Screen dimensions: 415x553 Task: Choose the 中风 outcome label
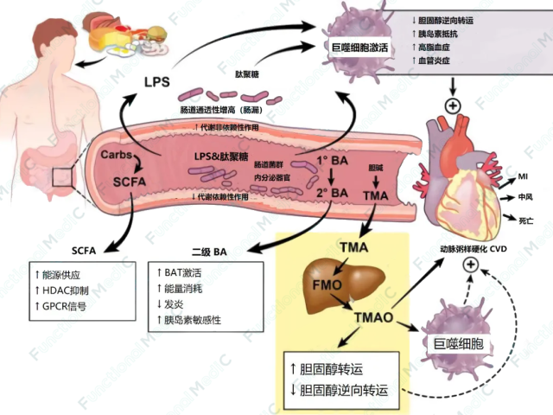525,197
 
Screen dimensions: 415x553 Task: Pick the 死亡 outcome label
525,220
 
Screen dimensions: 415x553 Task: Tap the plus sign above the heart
449,106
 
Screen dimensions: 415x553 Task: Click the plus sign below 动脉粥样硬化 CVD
471,266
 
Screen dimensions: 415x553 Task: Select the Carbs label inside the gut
116,153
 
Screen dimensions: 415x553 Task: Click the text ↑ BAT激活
184,274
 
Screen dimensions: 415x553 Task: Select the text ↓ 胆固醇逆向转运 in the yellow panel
341,388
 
